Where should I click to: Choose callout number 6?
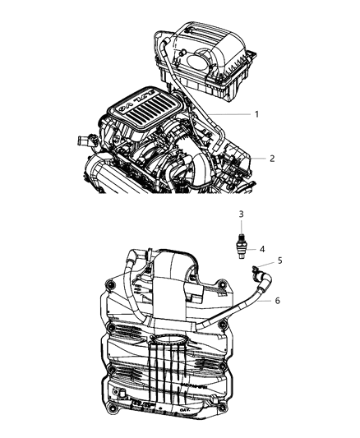click(x=278, y=301)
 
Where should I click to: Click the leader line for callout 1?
click(x=234, y=114)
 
